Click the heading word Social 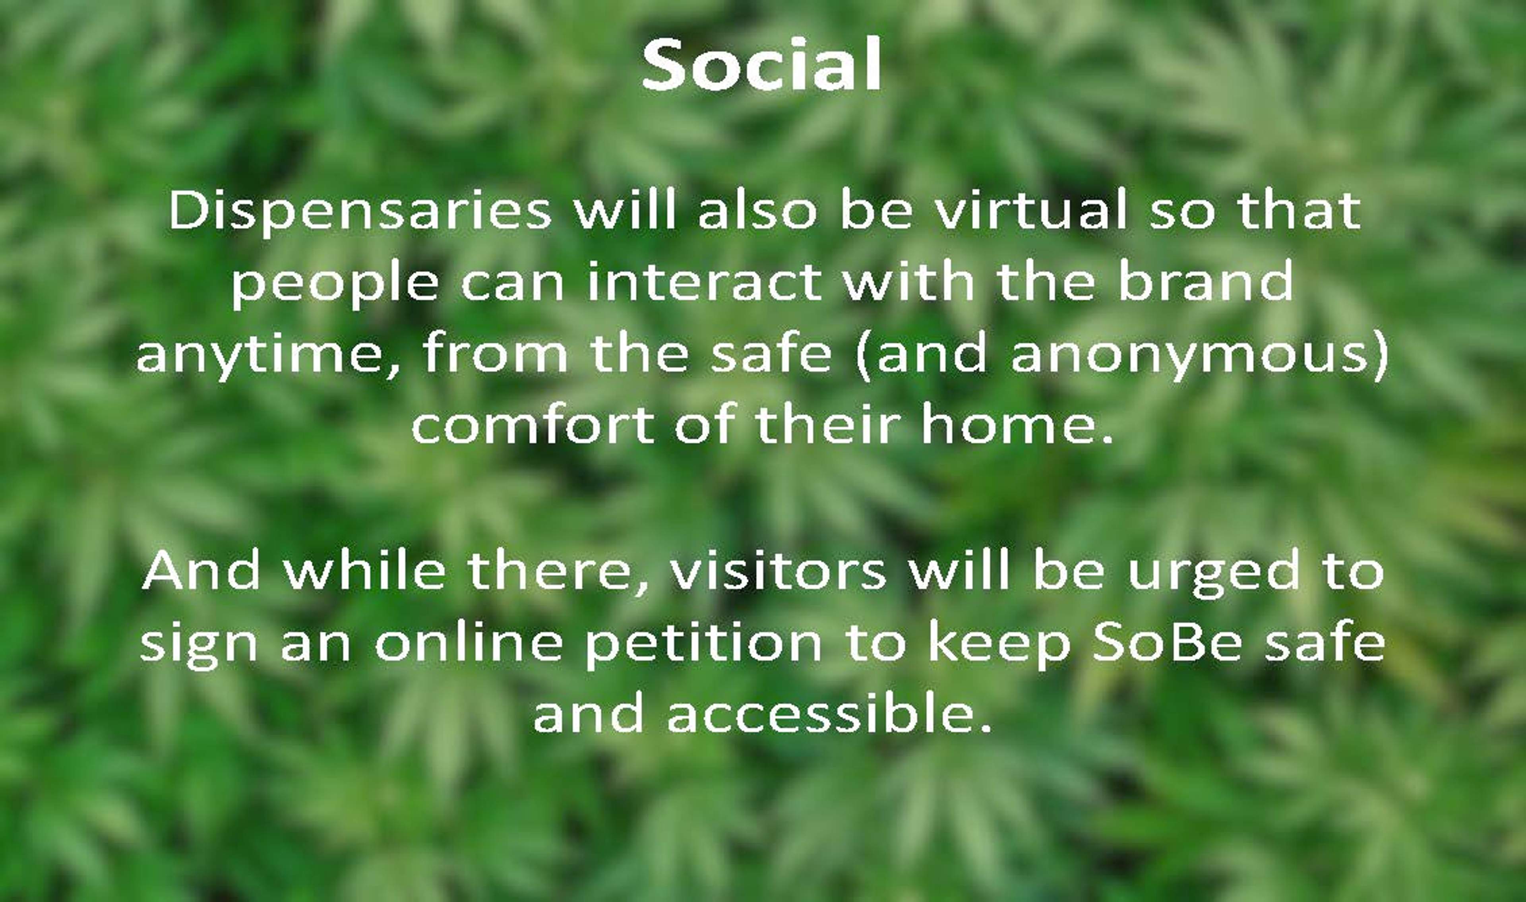click(761, 64)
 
